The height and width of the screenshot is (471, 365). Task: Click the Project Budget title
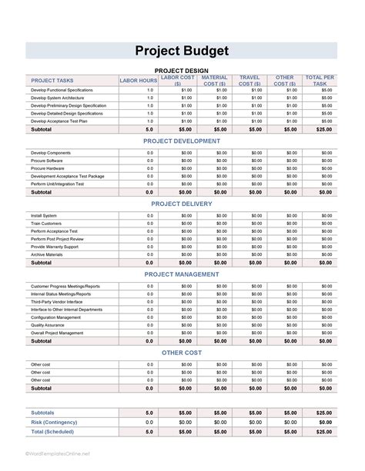[x=182, y=51]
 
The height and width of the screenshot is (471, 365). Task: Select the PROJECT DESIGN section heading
[x=182, y=70]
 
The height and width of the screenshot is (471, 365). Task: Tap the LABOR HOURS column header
[x=139, y=80]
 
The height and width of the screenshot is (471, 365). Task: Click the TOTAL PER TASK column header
[x=320, y=80]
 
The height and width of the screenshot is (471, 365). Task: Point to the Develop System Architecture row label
[x=58, y=98]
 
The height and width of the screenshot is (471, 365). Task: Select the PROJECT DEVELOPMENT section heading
[x=182, y=141]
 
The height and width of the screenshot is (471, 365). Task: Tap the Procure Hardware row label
[x=48, y=168]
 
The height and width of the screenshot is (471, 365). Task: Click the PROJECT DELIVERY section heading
[x=182, y=204]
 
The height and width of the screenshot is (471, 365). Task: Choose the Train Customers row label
[x=46, y=224]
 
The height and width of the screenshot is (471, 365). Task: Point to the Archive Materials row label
[x=47, y=254]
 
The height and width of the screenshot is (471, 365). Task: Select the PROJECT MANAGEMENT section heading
[x=182, y=274]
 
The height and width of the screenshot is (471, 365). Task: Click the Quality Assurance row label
[x=47, y=325]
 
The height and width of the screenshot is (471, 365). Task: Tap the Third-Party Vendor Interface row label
[x=57, y=302]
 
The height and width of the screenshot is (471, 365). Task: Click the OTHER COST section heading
[x=182, y=352]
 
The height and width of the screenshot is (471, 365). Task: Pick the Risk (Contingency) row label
[x=55, y=422]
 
